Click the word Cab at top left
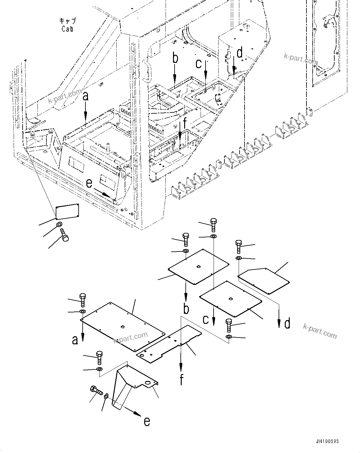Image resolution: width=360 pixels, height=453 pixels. (67, 29)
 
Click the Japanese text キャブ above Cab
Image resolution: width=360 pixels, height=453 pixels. (67, 21)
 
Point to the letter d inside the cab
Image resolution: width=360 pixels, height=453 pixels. (240, 53)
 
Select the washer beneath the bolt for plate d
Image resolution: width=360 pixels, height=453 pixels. (238, 258)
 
